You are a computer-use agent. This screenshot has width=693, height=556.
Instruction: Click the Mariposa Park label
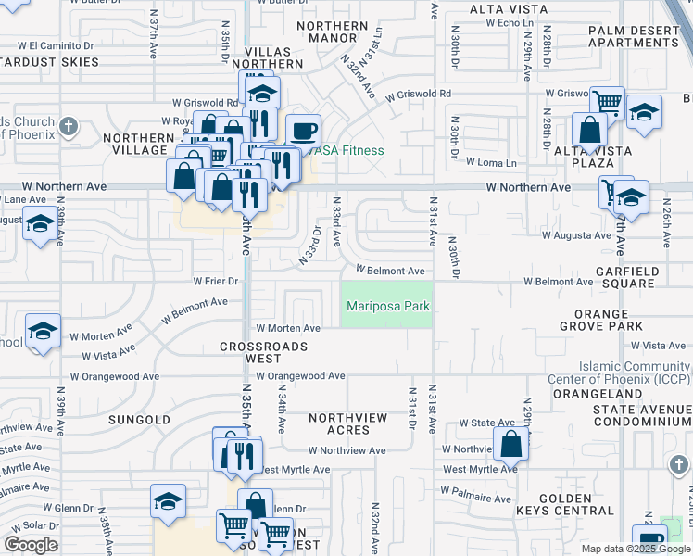click(x=387, y=307)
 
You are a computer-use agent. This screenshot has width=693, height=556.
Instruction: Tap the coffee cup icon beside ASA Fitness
click(x=303, y=132)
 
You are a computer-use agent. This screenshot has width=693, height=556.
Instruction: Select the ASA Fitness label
click(x=350, y=151)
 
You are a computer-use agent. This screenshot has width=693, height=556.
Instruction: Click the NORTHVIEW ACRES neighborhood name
click(x=347, y=424)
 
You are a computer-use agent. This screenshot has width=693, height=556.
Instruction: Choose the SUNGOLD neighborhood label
click(x=139, y=420)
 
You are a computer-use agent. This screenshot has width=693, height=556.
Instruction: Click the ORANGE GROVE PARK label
click(x=608, y=321)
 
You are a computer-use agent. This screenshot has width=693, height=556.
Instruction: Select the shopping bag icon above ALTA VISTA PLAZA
click(x=589, y=131)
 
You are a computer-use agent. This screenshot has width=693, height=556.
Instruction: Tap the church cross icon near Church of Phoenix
click(x=68, y=125)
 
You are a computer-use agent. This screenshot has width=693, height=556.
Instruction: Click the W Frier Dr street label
click(x=215, y=281)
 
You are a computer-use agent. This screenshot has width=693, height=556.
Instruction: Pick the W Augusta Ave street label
click(x=576, y=236)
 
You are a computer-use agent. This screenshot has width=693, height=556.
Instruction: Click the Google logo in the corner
click(x=31, y=545)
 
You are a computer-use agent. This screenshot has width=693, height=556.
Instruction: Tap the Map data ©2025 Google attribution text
click(x=635, y=549)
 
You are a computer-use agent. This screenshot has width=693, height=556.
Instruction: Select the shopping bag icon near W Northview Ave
click(x=510, y=444)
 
